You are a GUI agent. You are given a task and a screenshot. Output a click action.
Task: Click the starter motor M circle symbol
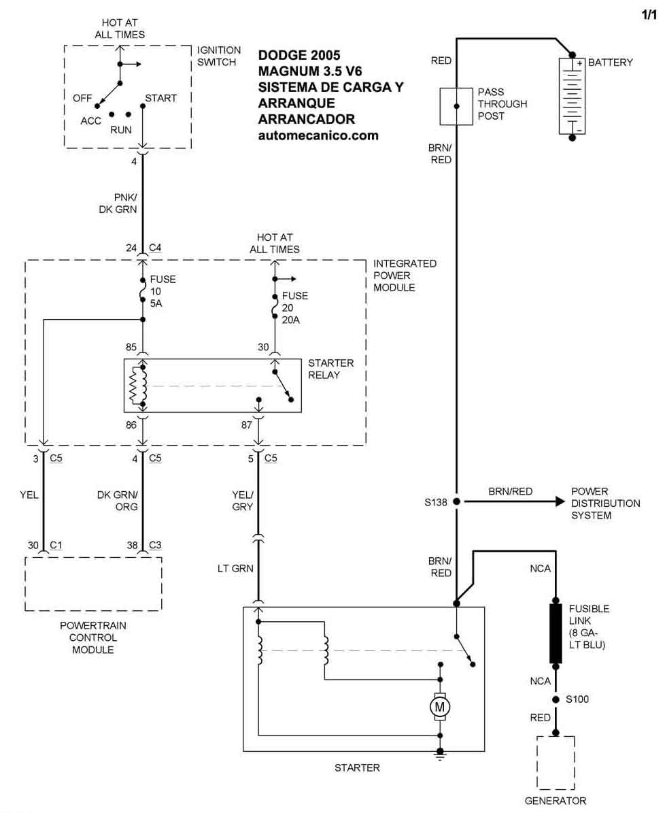440,708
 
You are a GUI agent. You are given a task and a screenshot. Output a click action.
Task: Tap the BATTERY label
610,62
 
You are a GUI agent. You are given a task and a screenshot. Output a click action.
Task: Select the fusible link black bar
556,633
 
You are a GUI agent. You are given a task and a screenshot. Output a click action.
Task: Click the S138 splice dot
456,501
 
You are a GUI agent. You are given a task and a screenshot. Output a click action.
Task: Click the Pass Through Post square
456,106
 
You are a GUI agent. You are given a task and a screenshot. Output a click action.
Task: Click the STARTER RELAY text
330,369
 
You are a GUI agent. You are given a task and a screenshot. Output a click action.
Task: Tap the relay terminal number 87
246,424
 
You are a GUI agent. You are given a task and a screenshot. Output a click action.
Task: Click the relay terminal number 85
132,347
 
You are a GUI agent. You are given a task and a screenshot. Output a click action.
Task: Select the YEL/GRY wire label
242,501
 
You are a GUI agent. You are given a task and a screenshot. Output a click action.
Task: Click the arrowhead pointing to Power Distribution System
560,501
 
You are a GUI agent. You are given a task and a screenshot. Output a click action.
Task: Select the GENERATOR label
555,801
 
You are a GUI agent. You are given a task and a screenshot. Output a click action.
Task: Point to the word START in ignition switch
160,98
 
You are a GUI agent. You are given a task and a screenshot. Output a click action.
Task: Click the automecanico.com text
318,135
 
